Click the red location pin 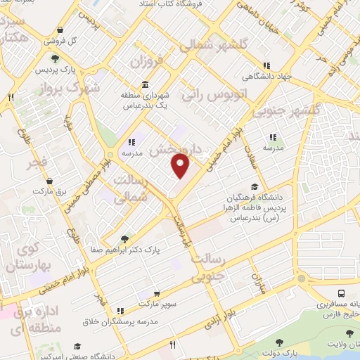181,167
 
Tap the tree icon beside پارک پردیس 54,58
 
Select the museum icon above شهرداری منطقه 144,85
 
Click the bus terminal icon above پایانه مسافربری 341,293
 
